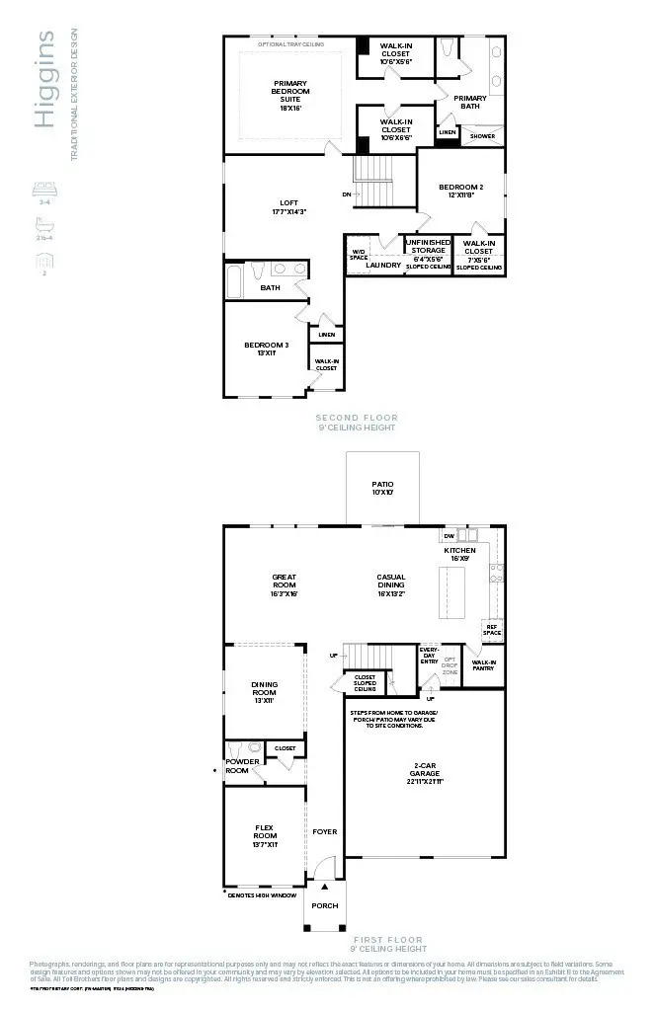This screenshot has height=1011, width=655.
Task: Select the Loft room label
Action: [x=289, y=206]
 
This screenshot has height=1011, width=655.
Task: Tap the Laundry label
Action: [x=383, y=265]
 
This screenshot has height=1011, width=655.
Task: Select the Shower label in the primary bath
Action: [x=482, y=136]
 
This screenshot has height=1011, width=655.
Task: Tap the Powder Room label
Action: [x=242, y=766]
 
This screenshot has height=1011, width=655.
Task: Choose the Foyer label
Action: [x=324, y=831]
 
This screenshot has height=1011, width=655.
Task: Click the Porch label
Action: [x=324, y=905]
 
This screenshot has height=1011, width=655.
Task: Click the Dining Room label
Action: [x=265, y=688]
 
